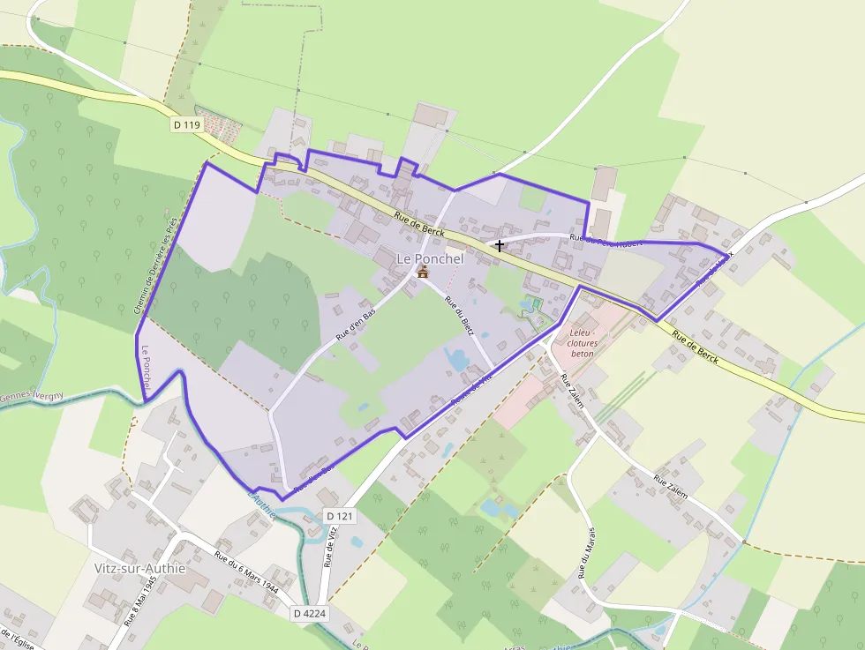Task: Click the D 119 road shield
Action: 187,125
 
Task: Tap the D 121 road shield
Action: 339,515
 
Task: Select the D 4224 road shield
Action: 310,613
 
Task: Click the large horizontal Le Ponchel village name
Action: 430,258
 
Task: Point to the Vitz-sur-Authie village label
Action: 139,568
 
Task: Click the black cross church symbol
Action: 500,245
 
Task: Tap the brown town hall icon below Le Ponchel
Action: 423,273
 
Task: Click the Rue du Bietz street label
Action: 460,316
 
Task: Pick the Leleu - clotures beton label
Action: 583,343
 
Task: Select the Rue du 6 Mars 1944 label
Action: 246,572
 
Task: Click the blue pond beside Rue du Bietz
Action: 457,358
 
